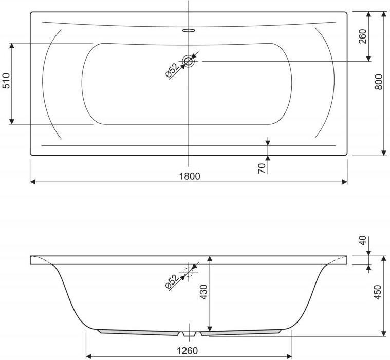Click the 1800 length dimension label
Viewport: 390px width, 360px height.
pyautogui.click(x=190, y=176)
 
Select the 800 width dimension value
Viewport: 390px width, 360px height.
pyautogui.click(x=379, y=82)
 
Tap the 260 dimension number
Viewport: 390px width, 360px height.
pyautogui.click(x=363, y=36)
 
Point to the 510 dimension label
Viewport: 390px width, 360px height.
pyautogui.click(x=6, y=81)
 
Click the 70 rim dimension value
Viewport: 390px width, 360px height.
pyautogui.click(x=262, y=168)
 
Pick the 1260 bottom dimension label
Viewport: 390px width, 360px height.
pyautogui.click(x=187, y=351)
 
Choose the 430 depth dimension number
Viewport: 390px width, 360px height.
pyautogui.click(x=203, y=292)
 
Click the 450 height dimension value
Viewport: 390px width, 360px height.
pyautogui.click(x=377, y=292)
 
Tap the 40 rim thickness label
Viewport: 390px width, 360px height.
pyautogui.click(x=363, y=240)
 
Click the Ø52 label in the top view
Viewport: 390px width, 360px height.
pyautogui.click(x=172, y=70)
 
